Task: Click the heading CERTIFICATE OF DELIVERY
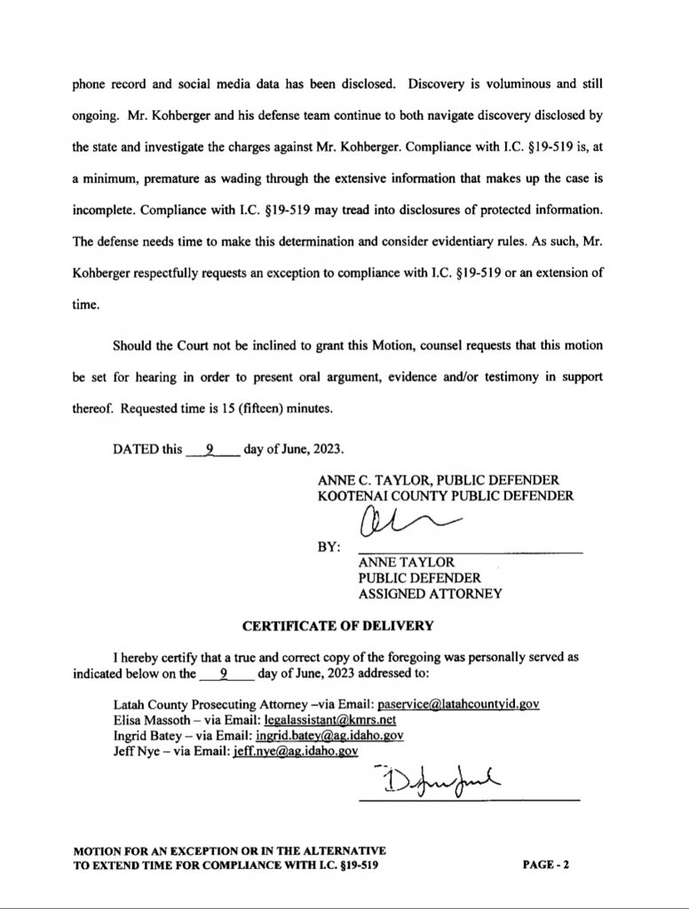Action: pos(338,625)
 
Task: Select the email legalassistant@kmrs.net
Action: pos(313,720)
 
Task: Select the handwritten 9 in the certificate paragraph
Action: pos(224,673)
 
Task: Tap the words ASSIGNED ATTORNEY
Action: pos(430,594)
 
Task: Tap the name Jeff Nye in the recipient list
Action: pos(129,751)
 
